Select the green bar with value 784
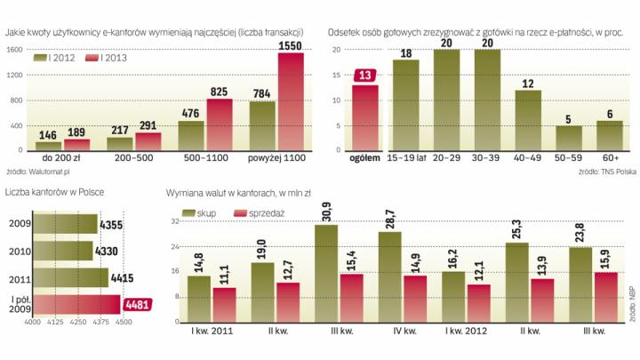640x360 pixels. coord(262,127)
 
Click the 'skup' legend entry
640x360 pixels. coord(198,215)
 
